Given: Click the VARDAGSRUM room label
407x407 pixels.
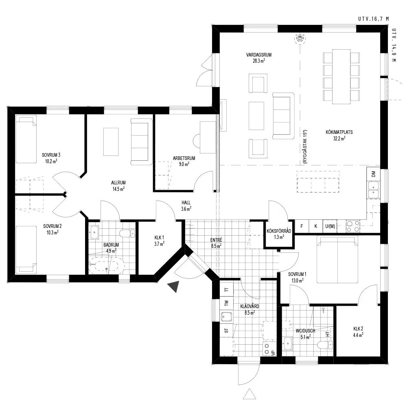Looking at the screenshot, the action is [259, 55].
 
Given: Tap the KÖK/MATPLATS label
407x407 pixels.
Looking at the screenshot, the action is [339, 132].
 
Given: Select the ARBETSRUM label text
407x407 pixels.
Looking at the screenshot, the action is [184, 158].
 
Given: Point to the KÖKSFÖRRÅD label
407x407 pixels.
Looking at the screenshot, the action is [279, 231].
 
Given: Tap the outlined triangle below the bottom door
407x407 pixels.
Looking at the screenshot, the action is [249, 394].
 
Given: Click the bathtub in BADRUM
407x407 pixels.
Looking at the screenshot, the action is [107, 266].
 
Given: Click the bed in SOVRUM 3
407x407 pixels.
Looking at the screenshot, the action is [26, 139].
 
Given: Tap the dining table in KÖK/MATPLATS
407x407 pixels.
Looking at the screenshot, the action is [341, 77].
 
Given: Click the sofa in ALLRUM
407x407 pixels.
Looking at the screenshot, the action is [141, 142].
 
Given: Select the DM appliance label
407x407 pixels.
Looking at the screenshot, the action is [373, 174].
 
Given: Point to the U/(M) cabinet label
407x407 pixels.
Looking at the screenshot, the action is [330, 226].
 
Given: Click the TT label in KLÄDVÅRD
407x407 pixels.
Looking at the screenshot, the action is [226, 290].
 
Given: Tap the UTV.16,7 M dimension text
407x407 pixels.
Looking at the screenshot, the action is [374, 19].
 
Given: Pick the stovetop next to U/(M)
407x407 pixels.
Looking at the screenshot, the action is [353, 226].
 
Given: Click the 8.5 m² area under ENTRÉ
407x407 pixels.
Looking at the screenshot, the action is [216, 246].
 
